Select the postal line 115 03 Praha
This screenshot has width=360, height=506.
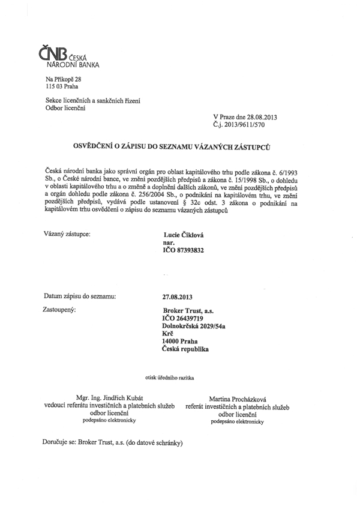coord(62,87)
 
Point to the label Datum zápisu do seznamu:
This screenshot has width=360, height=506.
coord(80,296)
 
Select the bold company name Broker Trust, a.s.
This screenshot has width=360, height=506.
coord(185,310)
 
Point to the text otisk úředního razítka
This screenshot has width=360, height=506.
coord(170,378)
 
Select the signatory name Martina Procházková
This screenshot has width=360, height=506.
coord(238,399)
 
